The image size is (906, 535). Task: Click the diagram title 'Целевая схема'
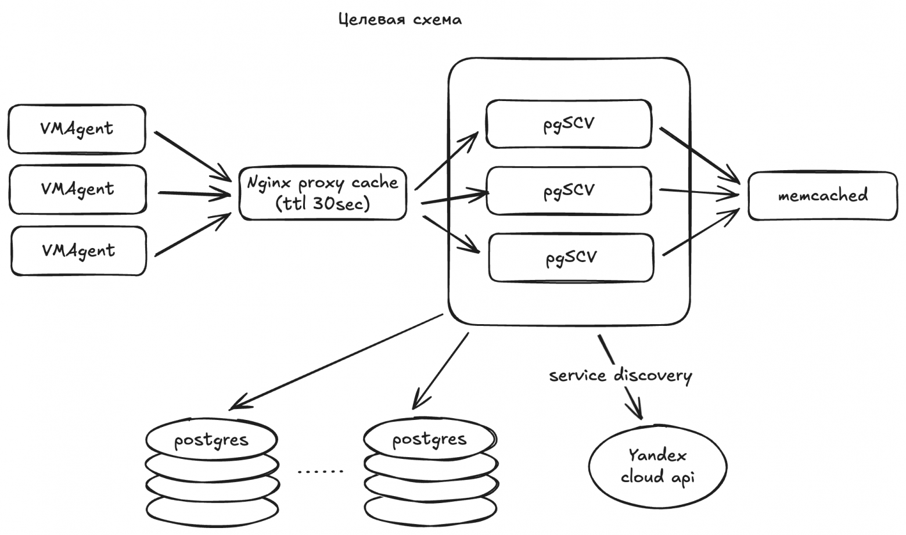coord(400,20)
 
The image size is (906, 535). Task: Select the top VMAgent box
coord(77,129)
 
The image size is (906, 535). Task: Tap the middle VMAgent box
coord(77,189)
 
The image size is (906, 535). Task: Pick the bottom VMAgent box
coord(78,251)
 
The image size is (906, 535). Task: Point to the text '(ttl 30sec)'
coord(323,204)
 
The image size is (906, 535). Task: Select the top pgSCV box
coord(569,124)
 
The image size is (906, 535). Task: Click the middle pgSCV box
coord(569,191)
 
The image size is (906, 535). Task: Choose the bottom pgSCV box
coord(571,257)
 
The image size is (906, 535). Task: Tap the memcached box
coord(822,196)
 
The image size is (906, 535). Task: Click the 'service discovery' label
coord(620,376)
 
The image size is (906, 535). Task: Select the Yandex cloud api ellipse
coord(657,466)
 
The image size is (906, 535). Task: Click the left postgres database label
coord(211,440)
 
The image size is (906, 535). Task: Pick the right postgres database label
coord(429,439)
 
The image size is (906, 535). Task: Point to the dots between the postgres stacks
coord(320,471)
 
